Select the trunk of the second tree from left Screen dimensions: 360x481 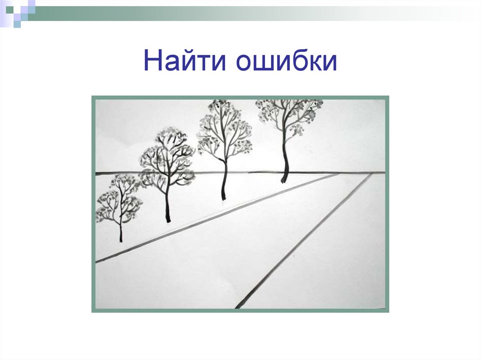[168, 207]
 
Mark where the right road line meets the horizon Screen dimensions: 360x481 [372, 173]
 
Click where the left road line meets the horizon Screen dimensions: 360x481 [338, 174]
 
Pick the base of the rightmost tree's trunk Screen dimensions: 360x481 [283, 181]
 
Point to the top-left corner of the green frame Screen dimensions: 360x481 [93, 97]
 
